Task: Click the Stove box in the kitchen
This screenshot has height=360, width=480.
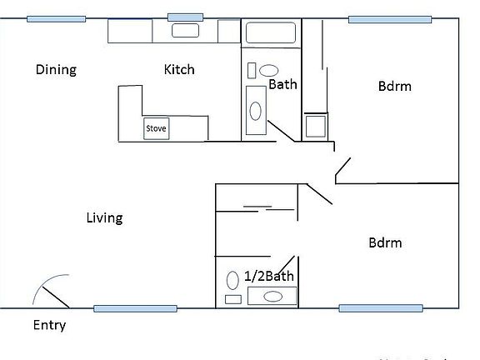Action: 156,129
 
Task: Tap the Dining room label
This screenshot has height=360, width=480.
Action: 56,69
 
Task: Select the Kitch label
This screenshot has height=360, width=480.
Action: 179,69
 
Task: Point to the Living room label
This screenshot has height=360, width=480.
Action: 104,218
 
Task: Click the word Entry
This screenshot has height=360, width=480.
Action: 49,326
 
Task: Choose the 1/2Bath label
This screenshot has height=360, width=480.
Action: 269,277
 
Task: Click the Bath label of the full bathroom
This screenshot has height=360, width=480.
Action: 282,84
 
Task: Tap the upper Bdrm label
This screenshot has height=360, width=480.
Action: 395,86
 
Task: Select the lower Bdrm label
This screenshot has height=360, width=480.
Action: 385,243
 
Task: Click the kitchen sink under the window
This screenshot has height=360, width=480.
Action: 185,31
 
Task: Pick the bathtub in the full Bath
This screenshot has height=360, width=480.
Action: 269,34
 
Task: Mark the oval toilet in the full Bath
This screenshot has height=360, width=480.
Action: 269,71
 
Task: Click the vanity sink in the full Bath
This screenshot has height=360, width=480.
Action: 256,109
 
